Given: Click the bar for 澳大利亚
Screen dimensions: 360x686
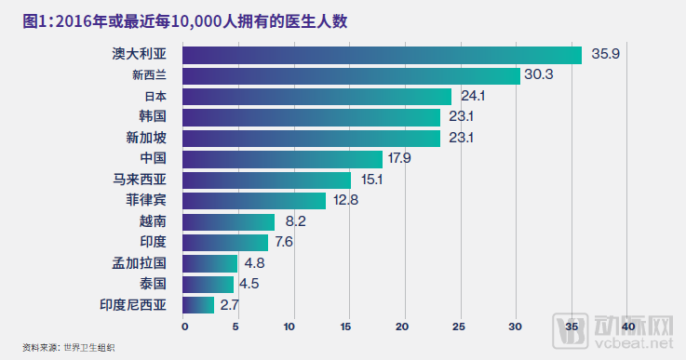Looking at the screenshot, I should [382, 55].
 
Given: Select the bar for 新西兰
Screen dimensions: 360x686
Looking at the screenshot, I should [351, 75].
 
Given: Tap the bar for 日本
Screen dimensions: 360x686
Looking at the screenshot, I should [316, 97].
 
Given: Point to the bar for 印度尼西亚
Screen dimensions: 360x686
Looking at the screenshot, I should [198, 304].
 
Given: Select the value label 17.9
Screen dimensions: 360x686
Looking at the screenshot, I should [400, 159].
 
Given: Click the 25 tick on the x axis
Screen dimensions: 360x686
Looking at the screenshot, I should [458, 327].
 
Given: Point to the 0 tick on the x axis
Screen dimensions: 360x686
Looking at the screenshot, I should [184, 327].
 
